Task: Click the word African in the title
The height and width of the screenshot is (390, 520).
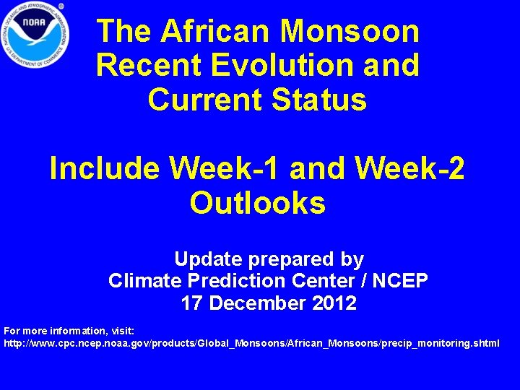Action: pyautogui.click(x=219, y=31)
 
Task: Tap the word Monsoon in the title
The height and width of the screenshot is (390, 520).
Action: pyautogui.click(x=350, y=31)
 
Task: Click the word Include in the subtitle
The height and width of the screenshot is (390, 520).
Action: pyautogui.click(x=104, y=169)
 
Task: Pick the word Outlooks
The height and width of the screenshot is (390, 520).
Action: pyautogui.click(x=258, y=204)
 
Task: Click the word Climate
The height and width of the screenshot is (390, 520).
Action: pyautogui.click(x=140, y=280)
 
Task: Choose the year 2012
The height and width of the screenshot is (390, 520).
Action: pyautogui.click(x=334, y=303)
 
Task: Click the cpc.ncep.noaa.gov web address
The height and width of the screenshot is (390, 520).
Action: pyautogui.click(x=251, y=342)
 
